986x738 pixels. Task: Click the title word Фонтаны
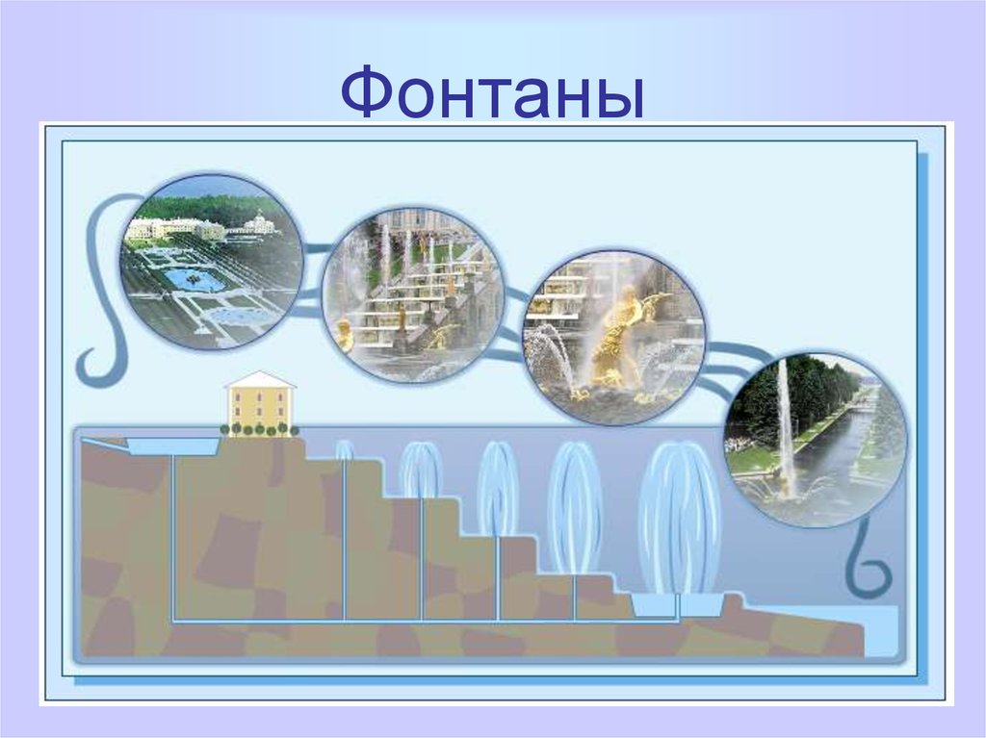[492, 91]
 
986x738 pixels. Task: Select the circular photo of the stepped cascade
[412, 293]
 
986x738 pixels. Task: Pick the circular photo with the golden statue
[613, 334]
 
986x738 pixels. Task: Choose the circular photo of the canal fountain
[816, 438]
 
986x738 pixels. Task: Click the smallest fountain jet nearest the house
[344, 449]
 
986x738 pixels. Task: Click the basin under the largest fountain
[678, 605]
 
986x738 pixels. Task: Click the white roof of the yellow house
[260, 379]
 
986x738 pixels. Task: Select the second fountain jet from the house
[421, 471]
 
